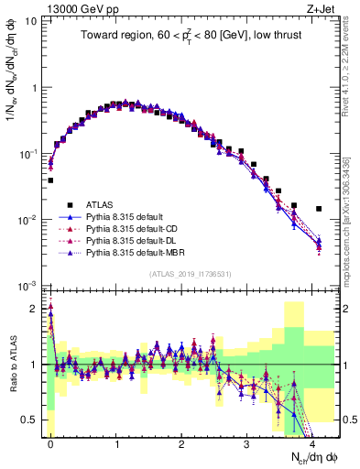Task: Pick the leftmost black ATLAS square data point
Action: [x=50, y=180]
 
